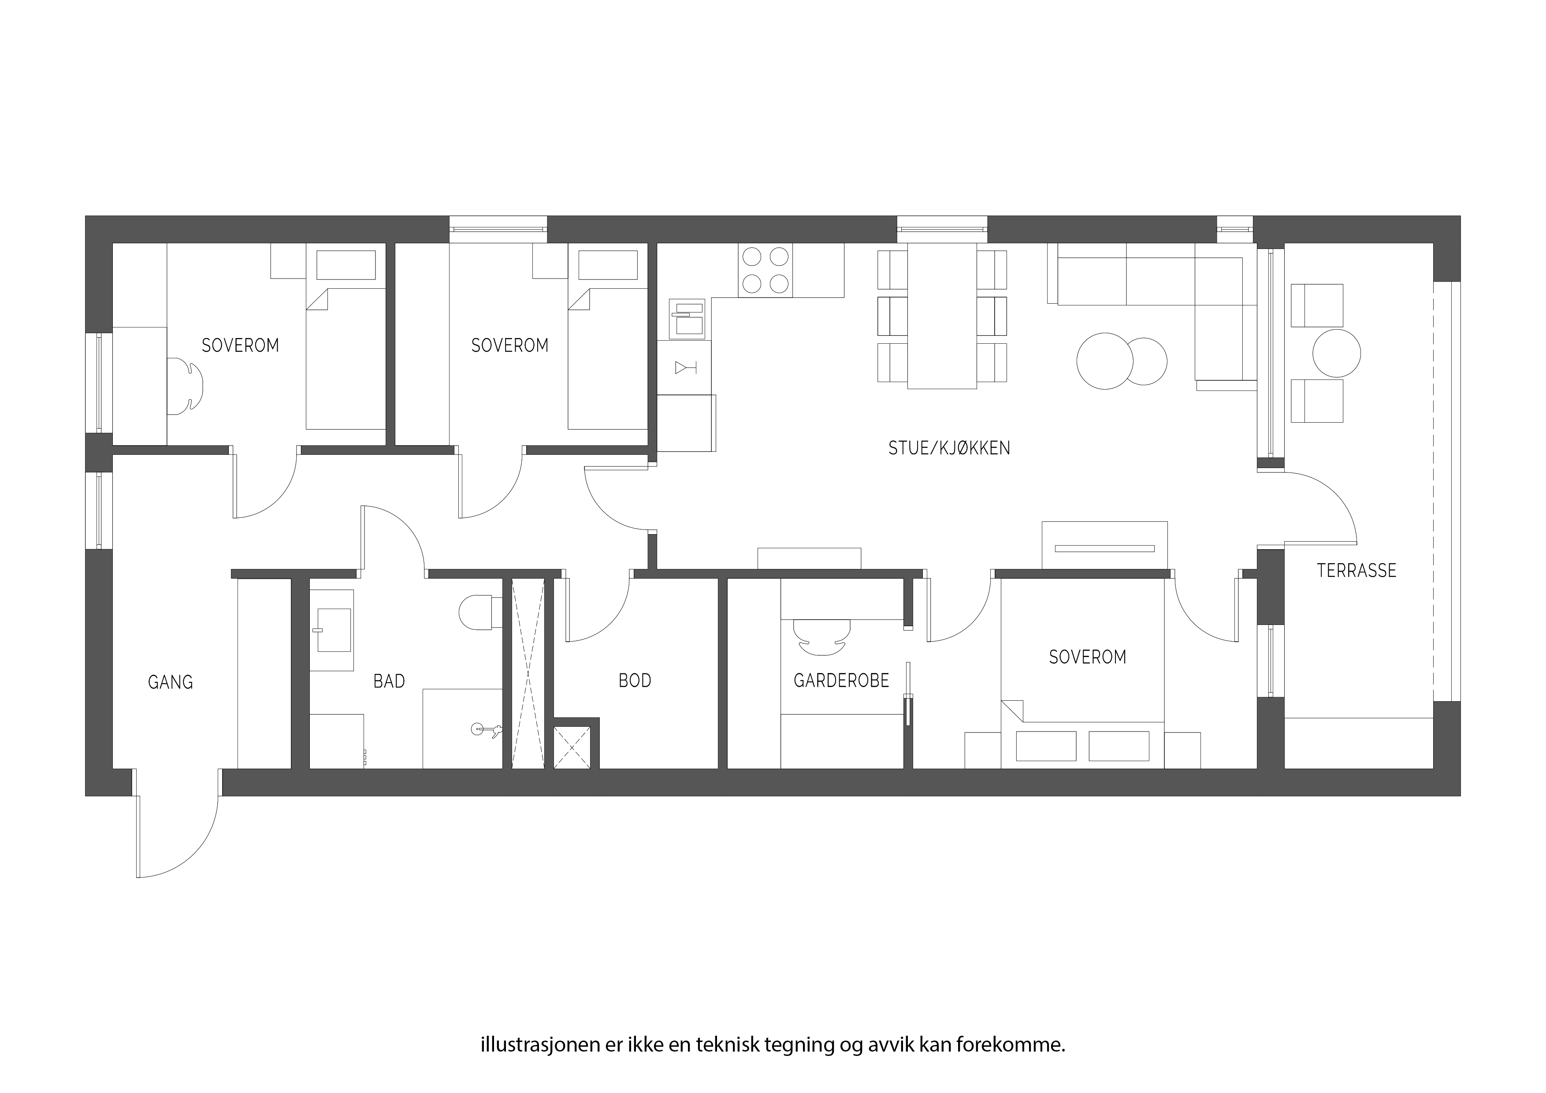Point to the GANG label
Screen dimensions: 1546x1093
pyautogui.click(x=171, y=683)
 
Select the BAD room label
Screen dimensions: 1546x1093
pyautogui.click(x=389, y=681)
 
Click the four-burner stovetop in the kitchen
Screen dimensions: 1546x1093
pyautogui.click(x=765, y=270)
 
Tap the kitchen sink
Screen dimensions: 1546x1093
pyautogui.click(x=687, y=319)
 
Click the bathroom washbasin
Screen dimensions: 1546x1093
pyautogui.click(x=333, y=630)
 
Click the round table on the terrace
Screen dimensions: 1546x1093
pyautogui.click(x=1337, y=353)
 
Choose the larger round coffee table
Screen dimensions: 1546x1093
pyautogui.click(x=1104, y=361)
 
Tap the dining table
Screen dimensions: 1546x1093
pyautogui.click(x=942, y=316)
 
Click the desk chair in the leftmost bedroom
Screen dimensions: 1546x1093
pyautogui.click(x=185, y=387)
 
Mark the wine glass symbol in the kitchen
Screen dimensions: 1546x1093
pyautogui.click(x=685, y=368)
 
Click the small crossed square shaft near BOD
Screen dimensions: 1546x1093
pyautogui.click(x=572, y=747)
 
